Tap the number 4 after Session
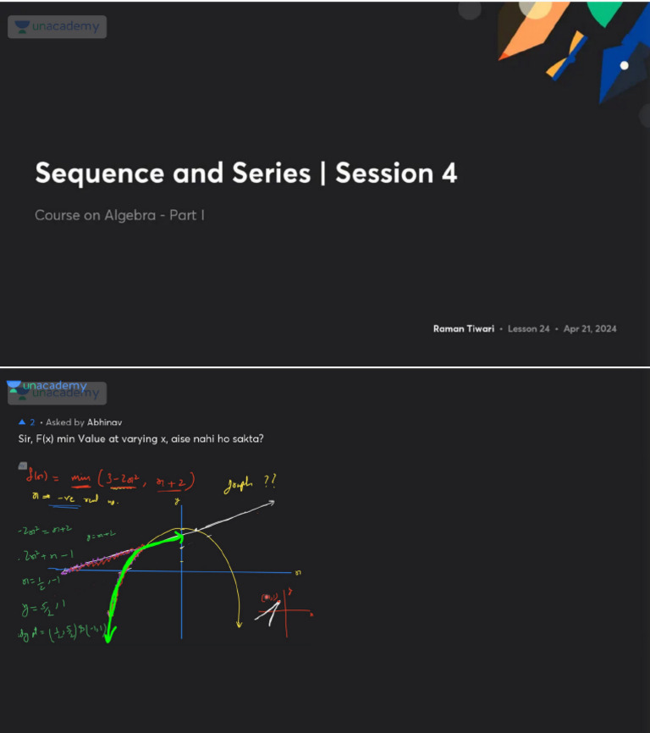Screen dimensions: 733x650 tap(449, 173)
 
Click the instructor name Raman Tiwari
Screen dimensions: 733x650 tap(465, 328)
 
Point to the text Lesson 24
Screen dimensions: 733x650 tap(529, 328)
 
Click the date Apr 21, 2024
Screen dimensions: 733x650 tap(590, 328)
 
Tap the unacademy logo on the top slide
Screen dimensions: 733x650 tap(58, 27)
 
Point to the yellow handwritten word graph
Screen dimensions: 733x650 tap(240, 484)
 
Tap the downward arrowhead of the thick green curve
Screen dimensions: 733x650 tap(108, 637)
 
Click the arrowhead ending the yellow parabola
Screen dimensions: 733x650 tap(239, 626)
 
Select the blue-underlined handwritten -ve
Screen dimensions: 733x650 tap(63, 499)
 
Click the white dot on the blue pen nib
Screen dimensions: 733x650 tap(625, 65)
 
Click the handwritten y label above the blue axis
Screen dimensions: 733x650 tap(178, 501)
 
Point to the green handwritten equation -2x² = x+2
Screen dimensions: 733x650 tap(44, 531)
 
